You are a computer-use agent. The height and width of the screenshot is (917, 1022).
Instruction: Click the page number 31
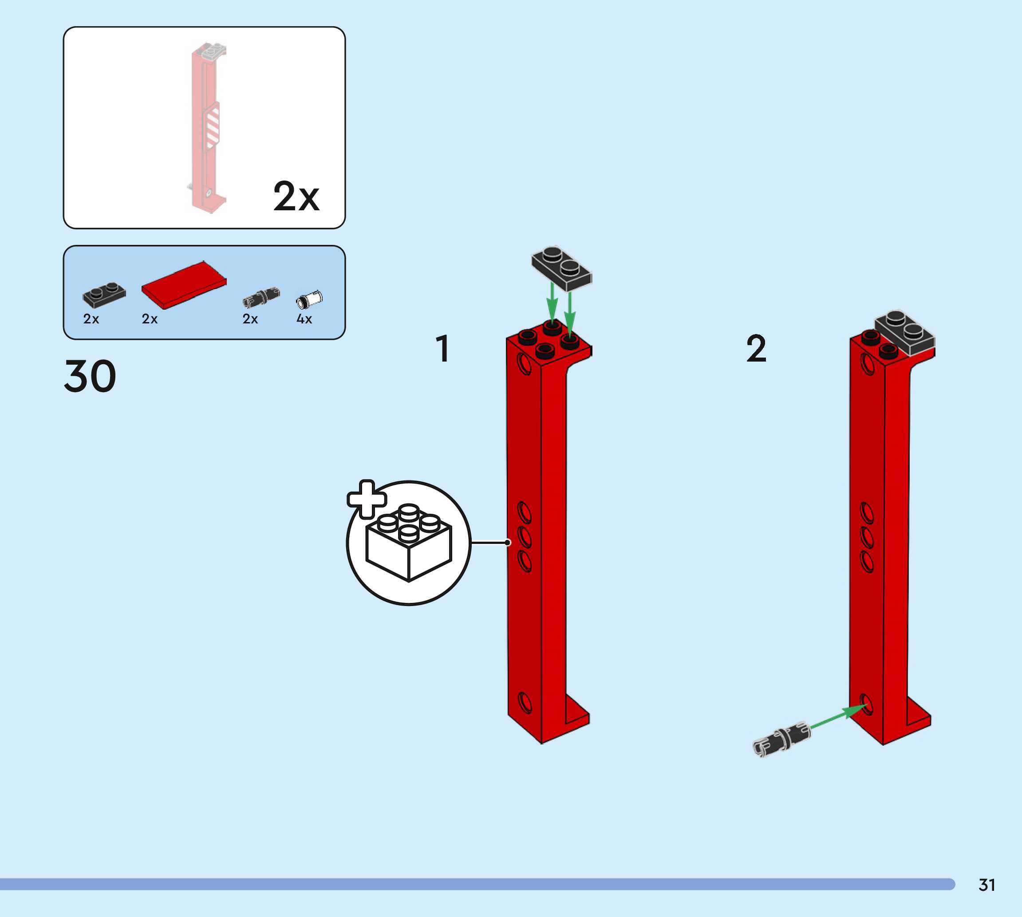tap(987, 885)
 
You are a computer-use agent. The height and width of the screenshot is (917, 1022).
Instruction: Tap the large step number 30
tap(90, 376)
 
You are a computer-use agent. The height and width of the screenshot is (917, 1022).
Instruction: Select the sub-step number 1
tap(442, 348)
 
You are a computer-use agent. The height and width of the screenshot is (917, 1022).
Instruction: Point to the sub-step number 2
tap(756, 348)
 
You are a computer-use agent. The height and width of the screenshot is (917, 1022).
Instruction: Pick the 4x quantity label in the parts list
tap(304, 319)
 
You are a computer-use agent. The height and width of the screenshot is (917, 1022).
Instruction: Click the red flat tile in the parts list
tap(184, 285)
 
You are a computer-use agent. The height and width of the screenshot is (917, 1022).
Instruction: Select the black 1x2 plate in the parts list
tap(104, 295)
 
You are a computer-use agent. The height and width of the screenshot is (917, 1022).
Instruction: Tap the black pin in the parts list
tap(261, 297)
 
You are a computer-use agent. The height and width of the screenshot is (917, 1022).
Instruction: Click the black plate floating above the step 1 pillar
tap(561, 268)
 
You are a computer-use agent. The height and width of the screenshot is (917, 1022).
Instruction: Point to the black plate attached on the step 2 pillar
tap(904, 333)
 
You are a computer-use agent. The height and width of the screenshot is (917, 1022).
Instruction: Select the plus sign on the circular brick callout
tap(367, 499)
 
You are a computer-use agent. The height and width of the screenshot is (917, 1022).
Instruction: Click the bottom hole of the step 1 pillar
tap(525, 703)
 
